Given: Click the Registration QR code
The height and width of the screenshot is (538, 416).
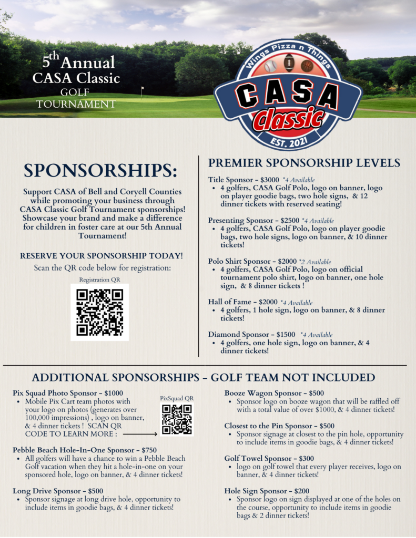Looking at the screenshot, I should click(x=100, y=312).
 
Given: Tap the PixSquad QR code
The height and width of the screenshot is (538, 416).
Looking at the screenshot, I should click(x=177, y=419).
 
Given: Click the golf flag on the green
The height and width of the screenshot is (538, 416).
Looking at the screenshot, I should click(x=142, y=90).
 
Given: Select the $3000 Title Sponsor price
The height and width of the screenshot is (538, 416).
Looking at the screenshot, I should click(x=270, y=180).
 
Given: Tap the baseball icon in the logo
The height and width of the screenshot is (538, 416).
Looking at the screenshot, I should click(x=270, y=67).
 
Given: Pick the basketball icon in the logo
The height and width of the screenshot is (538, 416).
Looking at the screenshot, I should click(x=307, y=66).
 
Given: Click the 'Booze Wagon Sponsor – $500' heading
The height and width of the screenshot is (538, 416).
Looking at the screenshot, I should click(x=274, y=393).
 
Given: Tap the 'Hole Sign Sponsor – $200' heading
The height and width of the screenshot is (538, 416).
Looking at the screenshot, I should click(x=269, y=491).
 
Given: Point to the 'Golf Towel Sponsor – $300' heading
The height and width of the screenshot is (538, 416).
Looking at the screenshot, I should click(x=269, y=458).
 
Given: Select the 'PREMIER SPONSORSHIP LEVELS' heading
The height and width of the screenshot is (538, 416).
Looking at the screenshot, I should click(x=304, y=163).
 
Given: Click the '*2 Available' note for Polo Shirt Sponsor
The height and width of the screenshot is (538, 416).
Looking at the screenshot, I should click(x=315, y=262).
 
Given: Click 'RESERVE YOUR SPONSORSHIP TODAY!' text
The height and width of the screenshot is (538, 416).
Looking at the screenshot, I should click(x=102, y=256).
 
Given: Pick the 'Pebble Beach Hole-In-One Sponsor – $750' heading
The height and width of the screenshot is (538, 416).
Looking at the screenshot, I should click(x=85, y=450).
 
